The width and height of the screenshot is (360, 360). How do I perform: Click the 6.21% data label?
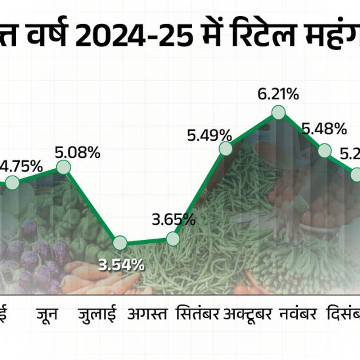[278, 95]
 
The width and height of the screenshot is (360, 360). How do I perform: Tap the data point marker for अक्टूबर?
[278, 113]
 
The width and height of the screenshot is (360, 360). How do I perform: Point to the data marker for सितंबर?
[226, 149]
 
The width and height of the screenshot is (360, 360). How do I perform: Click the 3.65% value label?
[174, 220]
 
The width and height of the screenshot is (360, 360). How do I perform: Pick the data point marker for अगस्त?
[173, 239]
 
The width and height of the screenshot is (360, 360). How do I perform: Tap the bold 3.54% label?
[121, 265]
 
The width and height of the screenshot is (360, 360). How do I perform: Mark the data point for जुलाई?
[120, 243]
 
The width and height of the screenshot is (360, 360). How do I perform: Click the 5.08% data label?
[77, 153]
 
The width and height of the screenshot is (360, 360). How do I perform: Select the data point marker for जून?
[63, 167]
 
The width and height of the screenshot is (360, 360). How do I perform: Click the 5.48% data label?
[324, 129]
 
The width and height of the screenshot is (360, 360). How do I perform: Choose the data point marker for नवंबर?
[324, 150]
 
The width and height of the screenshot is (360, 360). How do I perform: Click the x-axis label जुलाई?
[97, 314]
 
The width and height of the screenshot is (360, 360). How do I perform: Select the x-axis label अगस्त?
[147, 314]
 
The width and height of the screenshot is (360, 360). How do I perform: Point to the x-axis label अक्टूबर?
[247, 314]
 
